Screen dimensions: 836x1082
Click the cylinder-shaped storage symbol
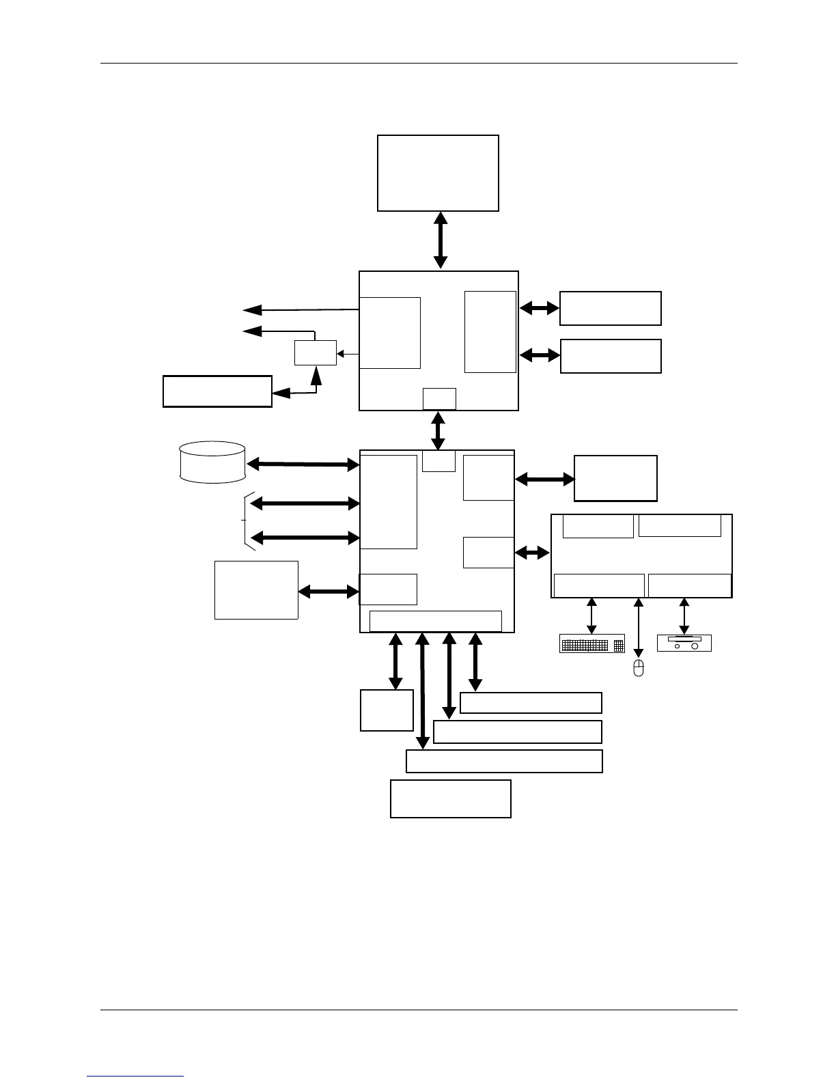(x=212, y=462)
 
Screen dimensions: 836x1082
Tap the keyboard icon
(x=591, y=643)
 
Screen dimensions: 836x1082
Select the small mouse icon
(x=639, y=669)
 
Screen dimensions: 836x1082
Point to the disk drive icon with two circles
(x=684, y=643)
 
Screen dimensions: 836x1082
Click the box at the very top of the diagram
(x=438, y=174)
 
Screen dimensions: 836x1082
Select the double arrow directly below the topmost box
(x=441, y=240)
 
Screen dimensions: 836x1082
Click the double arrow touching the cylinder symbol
(x=303, y=464)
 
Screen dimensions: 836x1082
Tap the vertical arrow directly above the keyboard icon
(x=591, y=616)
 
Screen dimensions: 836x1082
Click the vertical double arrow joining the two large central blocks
(x=438, y=430)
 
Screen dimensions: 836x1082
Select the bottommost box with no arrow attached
(x=450, y=799)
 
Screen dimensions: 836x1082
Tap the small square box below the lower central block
(x=387, y=710)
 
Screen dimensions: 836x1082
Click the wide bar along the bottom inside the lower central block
(x=435, y=621)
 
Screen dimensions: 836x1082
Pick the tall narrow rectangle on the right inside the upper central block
(x=490, y=332)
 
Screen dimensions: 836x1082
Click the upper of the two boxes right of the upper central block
(x=610, y=308)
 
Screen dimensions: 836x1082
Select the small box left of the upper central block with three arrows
(x=316, y=352)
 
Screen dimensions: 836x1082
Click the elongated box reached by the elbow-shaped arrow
(x=217, y=391)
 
